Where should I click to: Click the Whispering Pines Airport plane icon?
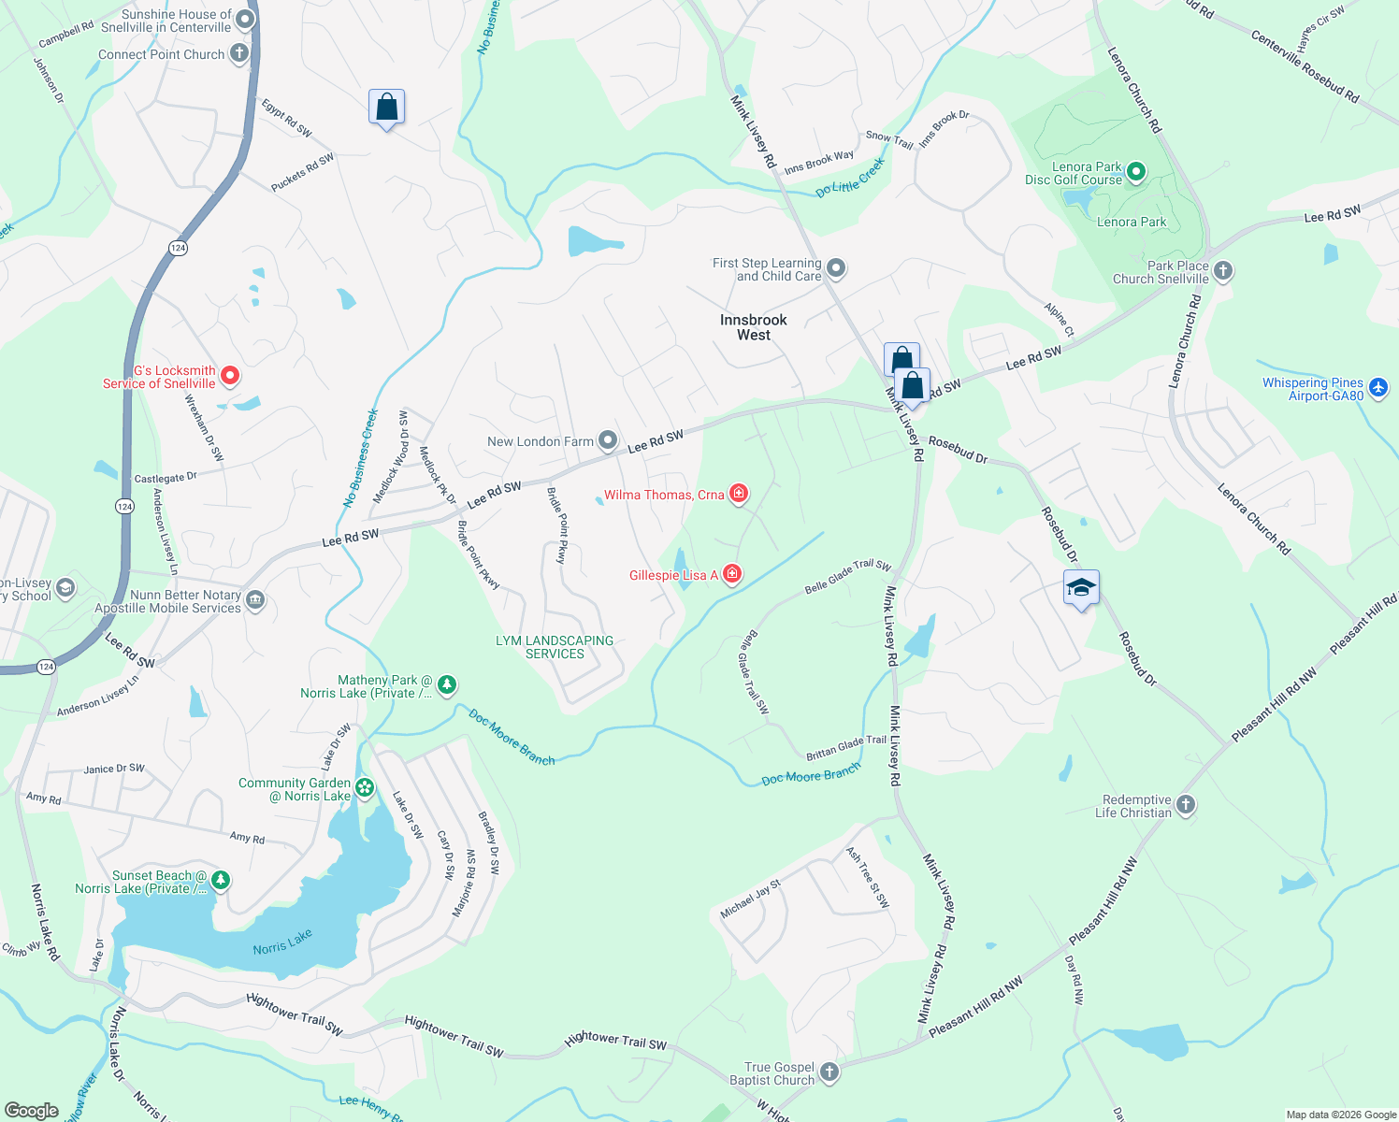coord(1377,387)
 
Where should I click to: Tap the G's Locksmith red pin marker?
coord(229,376)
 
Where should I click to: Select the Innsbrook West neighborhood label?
coord(753,327)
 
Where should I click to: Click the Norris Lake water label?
coord(282,942)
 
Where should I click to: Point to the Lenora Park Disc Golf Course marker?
coord(1136,171)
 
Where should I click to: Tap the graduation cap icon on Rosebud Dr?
coord(1081,587)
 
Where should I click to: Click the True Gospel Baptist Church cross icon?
coord(829,1072)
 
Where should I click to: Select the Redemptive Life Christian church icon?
coord(1185,804)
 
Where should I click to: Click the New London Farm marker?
coord(608,440)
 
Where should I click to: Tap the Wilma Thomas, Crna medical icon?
coord(739,494)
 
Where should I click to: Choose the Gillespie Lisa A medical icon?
coord(732,574)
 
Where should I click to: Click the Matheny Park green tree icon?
coord(447,685)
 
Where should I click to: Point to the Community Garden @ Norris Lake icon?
coord(365,788)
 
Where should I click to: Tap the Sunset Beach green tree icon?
coord(220,880)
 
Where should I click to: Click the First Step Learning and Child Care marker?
coord(836,269)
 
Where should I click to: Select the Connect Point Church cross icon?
coord(239,53)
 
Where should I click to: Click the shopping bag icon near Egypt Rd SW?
coord(386,108)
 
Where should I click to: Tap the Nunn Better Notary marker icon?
coord(255,600)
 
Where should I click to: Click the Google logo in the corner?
coord(31,1110)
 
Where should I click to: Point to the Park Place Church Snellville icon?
coord(1222,271)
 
